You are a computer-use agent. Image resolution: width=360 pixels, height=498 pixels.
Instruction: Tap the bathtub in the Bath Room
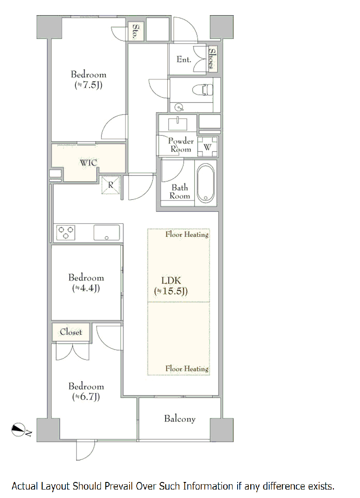(206, 183)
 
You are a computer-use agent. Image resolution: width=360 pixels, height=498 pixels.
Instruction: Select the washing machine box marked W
(207, 147)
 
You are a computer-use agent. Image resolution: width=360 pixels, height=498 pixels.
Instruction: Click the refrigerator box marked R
(111, 185)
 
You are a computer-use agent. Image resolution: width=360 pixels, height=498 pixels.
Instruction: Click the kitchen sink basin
(106, 233)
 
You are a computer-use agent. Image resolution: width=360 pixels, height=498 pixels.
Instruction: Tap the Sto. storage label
(136, 32)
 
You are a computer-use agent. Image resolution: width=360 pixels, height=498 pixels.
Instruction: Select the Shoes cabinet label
(212, 59)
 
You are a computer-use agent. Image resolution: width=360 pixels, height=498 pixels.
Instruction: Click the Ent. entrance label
(184, 59)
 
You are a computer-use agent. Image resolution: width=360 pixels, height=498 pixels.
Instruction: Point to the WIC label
(89, 163)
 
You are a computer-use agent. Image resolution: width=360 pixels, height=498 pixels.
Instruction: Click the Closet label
(71, 332)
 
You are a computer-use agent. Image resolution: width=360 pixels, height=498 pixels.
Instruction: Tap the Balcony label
(180, 419)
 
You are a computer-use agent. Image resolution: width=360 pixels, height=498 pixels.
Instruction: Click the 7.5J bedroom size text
(89, 85)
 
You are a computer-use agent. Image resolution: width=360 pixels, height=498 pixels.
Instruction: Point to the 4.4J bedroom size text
(86, 288)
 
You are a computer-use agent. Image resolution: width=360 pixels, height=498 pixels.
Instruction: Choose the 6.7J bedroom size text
(86, 397)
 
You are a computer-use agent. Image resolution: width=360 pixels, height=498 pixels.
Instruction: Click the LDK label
(171, 281)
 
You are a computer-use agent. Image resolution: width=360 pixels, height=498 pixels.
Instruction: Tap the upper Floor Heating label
(187, 234)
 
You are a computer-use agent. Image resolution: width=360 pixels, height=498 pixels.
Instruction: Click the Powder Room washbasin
(178, 123)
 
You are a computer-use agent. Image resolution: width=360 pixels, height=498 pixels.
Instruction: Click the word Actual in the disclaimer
(25, 486)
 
